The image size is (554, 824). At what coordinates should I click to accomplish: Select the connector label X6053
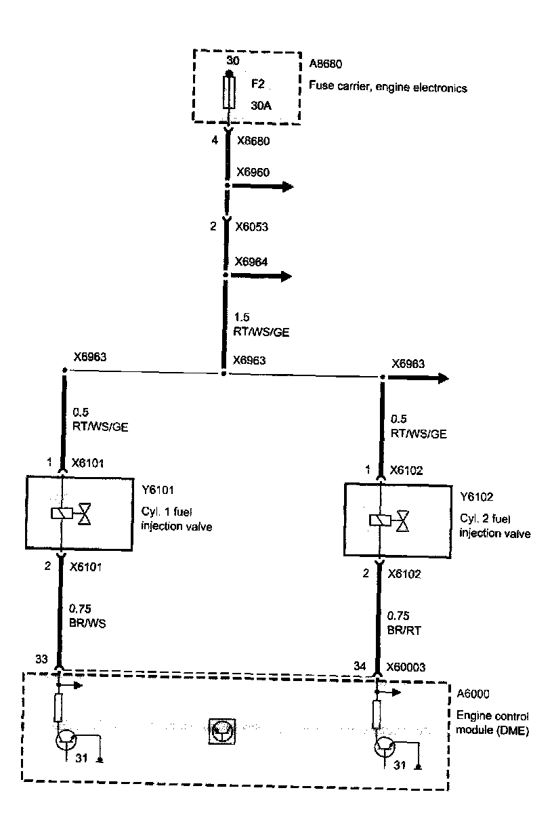(x=251, y=226)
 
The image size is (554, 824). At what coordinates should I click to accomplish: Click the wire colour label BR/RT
(x=404, y=630)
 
